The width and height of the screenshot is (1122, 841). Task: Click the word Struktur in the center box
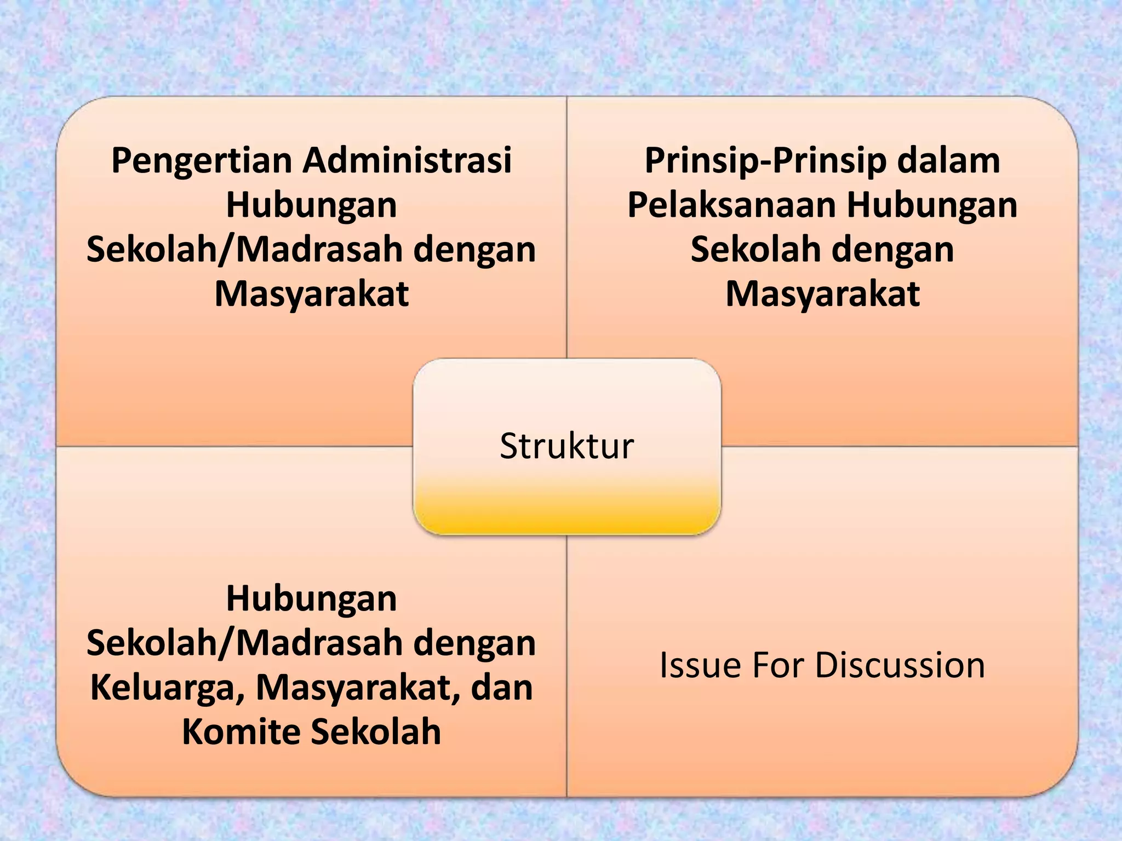point(566,446)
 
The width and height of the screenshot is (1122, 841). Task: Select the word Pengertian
point(201,161)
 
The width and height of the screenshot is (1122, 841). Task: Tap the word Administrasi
point(408,160)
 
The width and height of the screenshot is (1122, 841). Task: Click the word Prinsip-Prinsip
point(764,161)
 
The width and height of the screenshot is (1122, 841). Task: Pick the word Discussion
point(900,665)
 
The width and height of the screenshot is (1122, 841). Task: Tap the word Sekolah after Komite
point(376,732)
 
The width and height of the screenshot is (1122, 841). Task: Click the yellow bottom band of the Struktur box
point(566,515)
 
